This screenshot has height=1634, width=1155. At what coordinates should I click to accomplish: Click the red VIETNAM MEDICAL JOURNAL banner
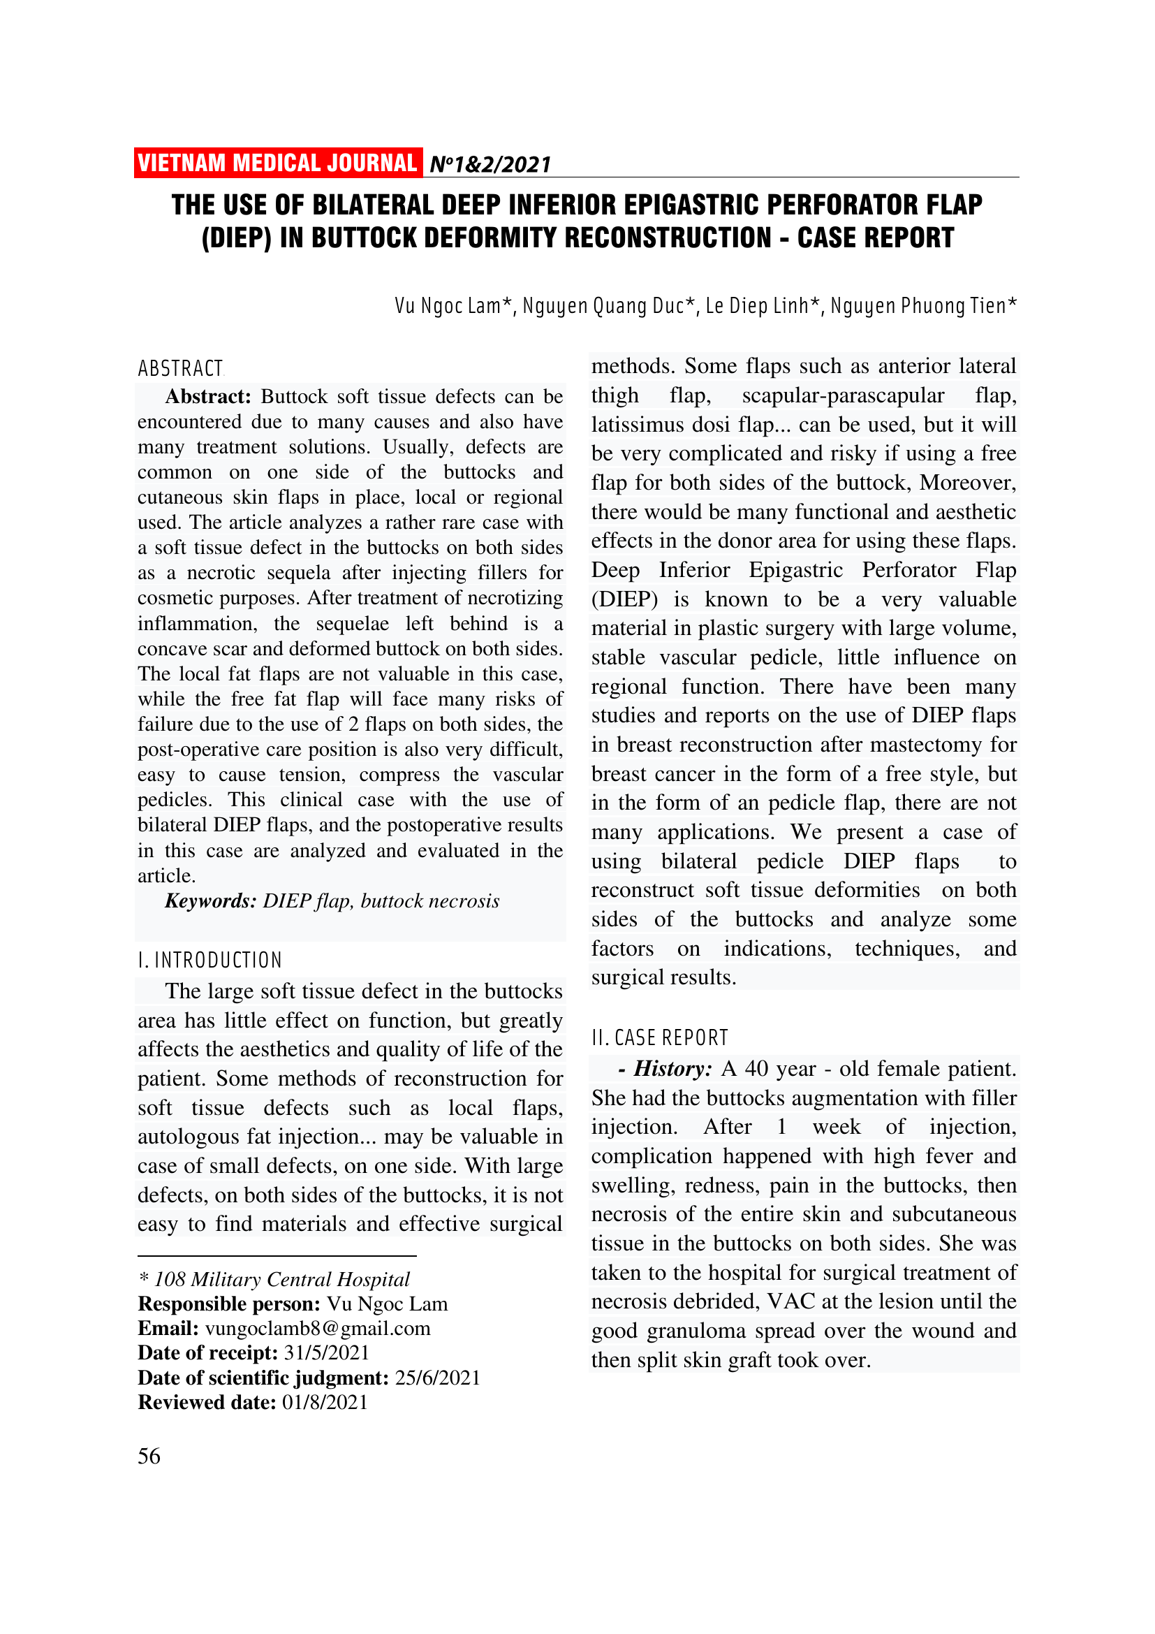(x=277, y=163)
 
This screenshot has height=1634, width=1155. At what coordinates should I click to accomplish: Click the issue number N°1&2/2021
(x=490, y=165)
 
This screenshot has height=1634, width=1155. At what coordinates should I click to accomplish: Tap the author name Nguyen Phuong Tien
(x=918, y=306)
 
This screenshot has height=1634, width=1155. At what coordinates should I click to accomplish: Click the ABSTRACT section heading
(x=181, y=369)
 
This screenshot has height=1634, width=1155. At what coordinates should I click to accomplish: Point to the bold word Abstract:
(x=207, y=396)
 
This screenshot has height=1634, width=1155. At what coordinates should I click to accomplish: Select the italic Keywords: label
(x=210, y=901)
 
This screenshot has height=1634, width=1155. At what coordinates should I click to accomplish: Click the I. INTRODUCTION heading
(x=210, y=961)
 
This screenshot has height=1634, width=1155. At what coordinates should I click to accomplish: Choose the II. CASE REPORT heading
(x=660, y=1038)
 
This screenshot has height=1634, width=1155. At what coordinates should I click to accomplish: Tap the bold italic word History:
(x=672, y=1069)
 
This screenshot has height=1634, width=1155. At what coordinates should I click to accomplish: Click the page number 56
(x=149, y=1456)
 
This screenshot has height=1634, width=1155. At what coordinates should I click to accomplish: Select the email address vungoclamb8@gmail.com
(x=318, y=1329)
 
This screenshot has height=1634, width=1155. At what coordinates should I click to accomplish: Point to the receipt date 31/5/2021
(x=326, y=1353)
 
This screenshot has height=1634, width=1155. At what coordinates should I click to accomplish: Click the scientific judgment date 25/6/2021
(x=437, y=1378)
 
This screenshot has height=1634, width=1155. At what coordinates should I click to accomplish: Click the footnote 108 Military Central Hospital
(x=281, y=1280)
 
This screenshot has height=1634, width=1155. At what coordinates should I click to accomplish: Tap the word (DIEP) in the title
(x=236, y=238)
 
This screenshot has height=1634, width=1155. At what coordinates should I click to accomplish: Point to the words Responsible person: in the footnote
(x=229, y=1304)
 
